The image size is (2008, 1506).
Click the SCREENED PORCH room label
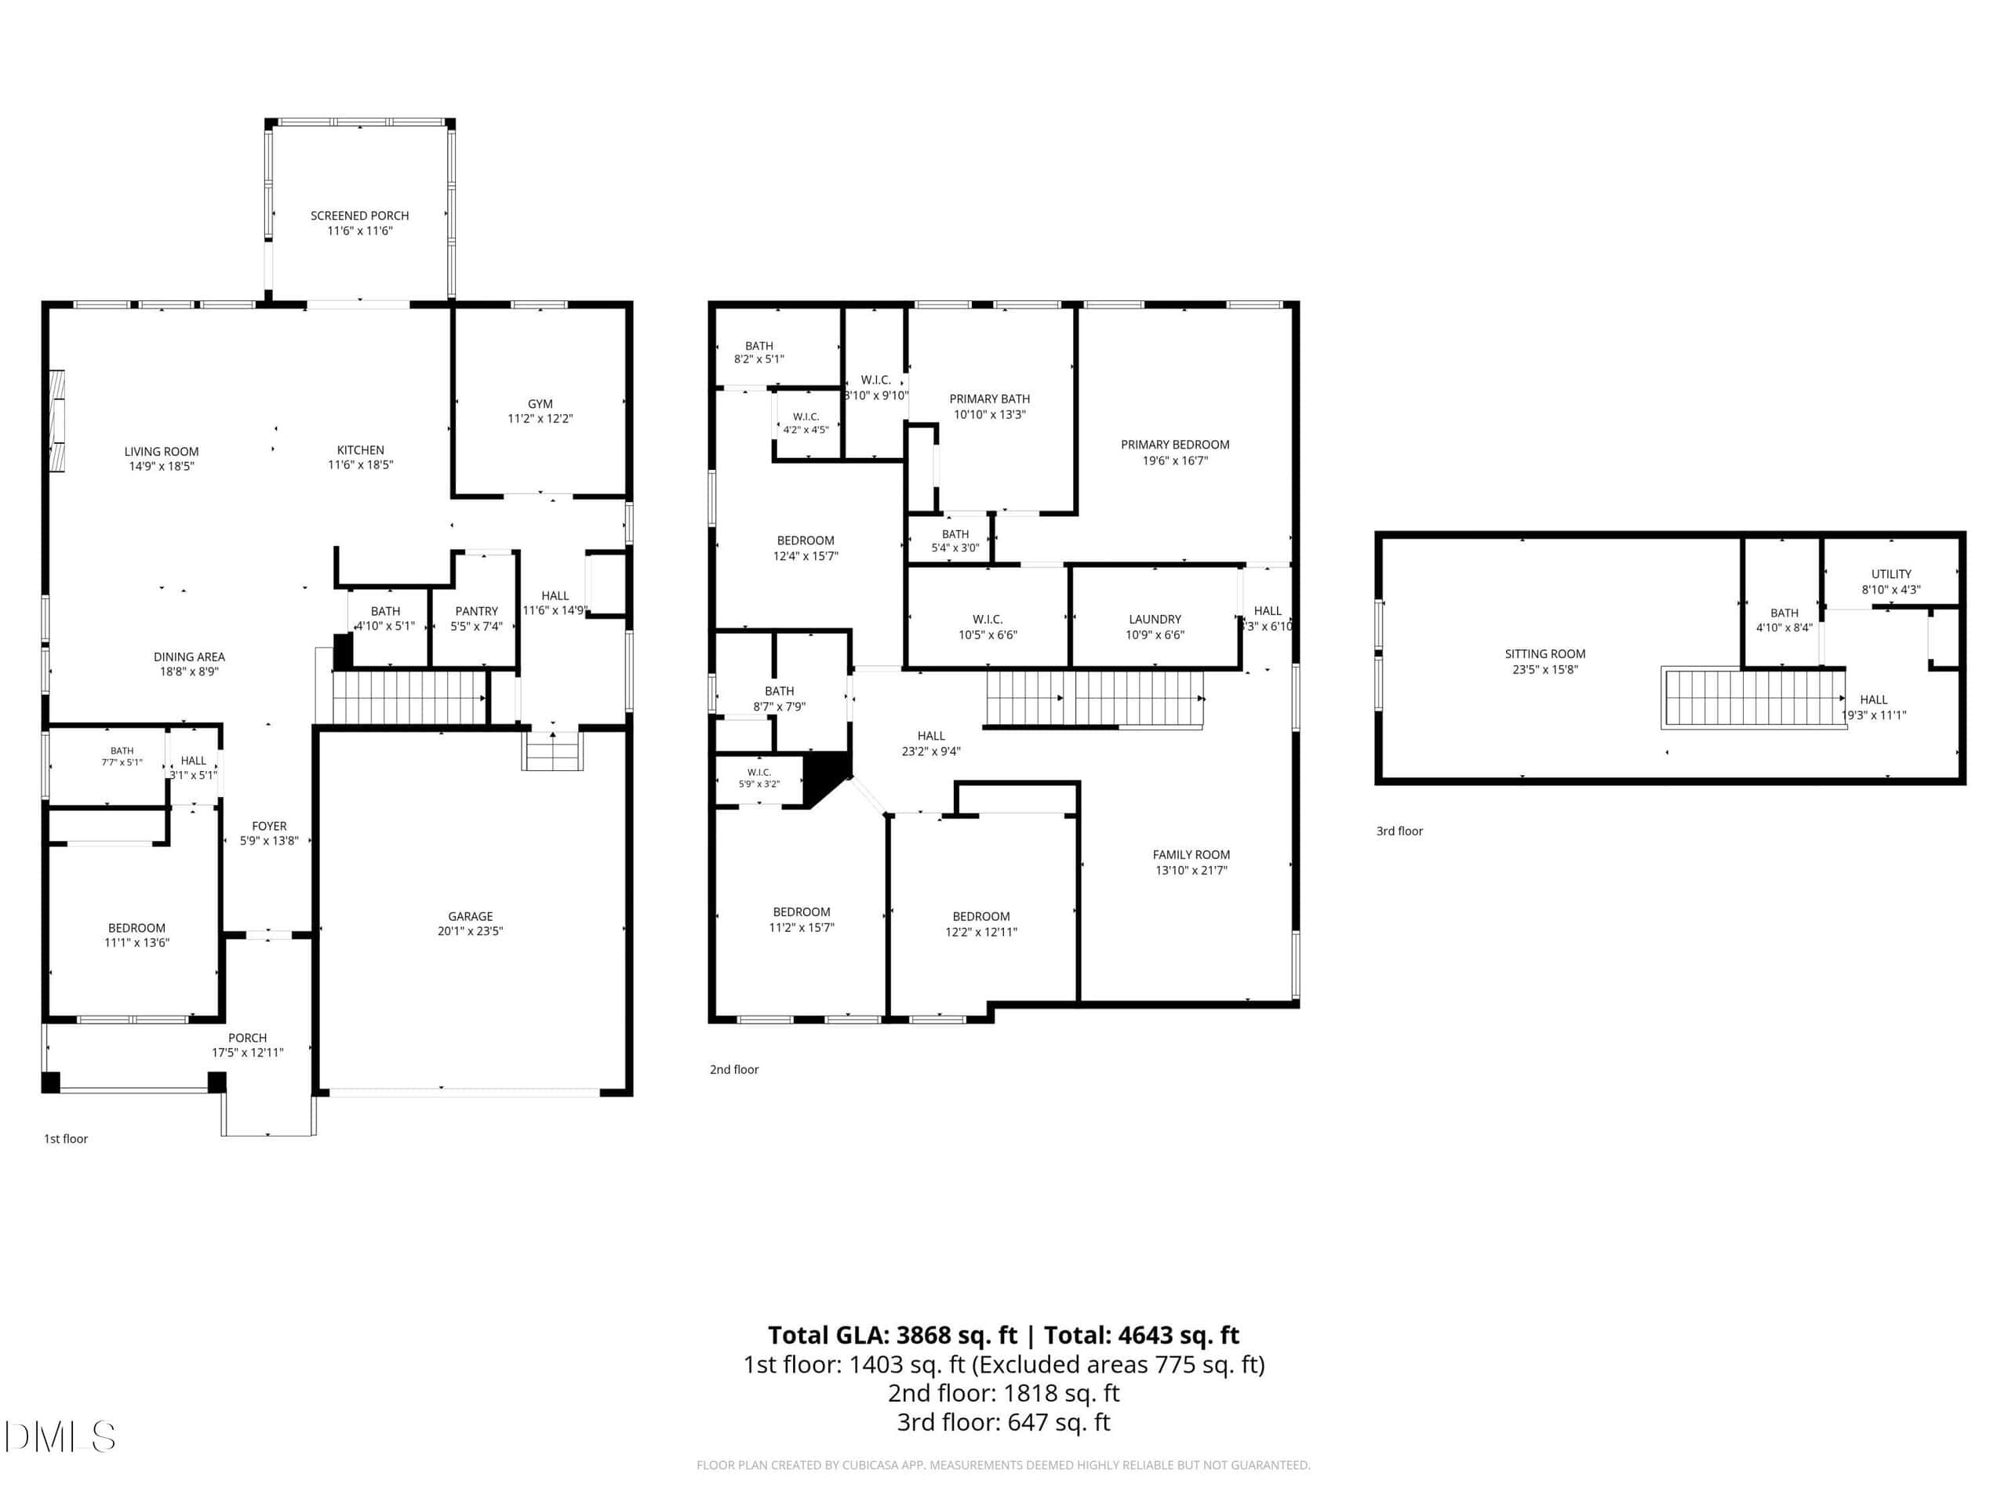[x=359, y=215]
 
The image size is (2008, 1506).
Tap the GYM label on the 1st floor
[x=540, y=403]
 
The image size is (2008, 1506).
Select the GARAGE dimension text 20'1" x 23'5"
[x=470, y=930]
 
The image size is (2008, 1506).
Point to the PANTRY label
[x=477, y=611]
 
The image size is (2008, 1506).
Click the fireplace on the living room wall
[x=57, y=420]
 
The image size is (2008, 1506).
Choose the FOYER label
[x=270, y=826]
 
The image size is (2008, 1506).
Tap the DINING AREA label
[x=189, y=657]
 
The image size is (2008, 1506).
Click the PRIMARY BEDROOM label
[x=1175, y=445]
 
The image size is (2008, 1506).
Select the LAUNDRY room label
[x=1155, y=619]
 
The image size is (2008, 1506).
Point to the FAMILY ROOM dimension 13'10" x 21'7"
[x=1191, y=870]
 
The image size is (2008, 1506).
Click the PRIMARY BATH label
[x=989, y=398]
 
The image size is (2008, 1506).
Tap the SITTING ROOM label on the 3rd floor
[x=1545, y=653]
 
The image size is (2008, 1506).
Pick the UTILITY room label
[x=1891, y=573]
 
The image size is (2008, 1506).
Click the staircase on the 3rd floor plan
[x=1754, y=697]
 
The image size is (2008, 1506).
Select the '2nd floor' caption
[x=734, y=1069]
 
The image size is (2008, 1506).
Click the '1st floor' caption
[x=66, y=1138]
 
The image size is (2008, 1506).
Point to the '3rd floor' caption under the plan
[x=1400, y=831]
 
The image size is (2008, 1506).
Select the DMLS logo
[x=60, y=1437]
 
